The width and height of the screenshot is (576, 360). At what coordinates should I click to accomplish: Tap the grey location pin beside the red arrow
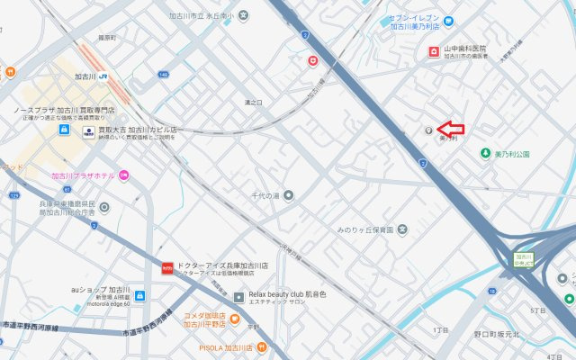coord(428,129)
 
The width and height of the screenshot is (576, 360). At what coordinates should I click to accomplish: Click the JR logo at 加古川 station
coord(104,76)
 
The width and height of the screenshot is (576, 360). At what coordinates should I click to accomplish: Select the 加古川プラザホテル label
coord(83,175)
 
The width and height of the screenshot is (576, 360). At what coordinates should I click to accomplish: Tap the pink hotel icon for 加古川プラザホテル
coord(124,175)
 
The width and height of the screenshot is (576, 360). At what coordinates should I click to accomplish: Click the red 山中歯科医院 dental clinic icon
coord(433,52)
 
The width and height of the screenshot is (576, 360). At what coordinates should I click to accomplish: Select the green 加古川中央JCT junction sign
coord(524,260)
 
